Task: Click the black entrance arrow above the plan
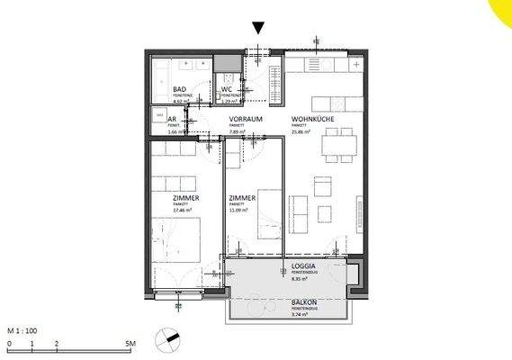coord(259,28)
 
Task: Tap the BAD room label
coord(180,90)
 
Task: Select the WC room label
coord(228,89)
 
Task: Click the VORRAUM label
coord(245,120)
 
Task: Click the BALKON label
coord(304,302)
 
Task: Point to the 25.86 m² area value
coord(301,132)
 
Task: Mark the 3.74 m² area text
coord(300,315)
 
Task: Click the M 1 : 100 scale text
coord(24,332)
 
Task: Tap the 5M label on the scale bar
coord(130,344)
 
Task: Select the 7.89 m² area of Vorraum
coord(238,132)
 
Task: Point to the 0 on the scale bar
coord(9,344)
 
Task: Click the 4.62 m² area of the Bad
coord(178,103)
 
